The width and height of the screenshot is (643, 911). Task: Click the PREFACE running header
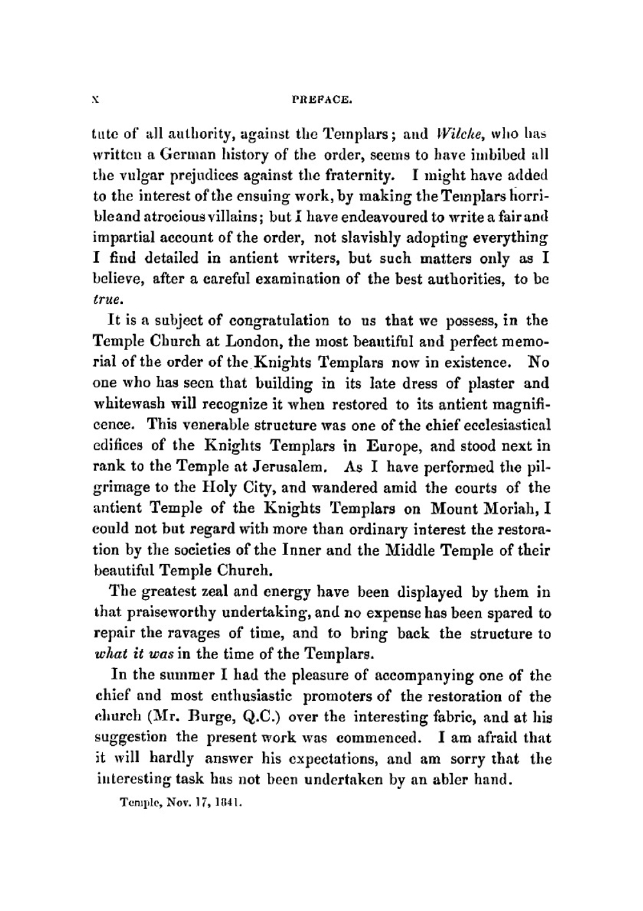(x=321, y=100)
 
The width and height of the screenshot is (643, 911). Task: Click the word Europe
(x=395, y=446)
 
